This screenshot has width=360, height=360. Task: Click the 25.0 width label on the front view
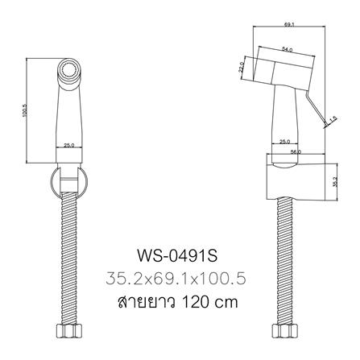[x=69, y=145]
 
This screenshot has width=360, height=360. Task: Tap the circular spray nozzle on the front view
[x=69, y=72]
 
